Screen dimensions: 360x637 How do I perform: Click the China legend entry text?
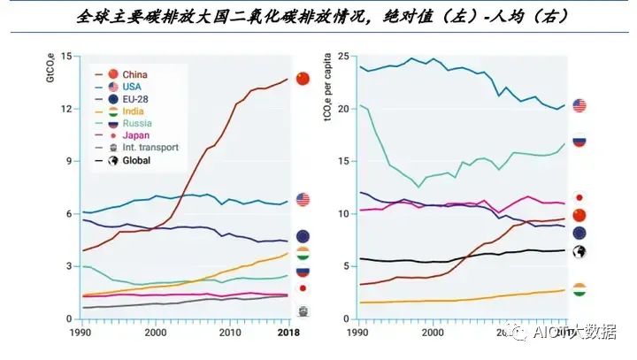(x=135, y=74)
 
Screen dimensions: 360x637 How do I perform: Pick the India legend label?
(x=134, y=111)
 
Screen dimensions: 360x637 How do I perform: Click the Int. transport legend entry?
(x=150, y=148)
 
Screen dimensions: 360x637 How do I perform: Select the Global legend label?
(x=137, y=160)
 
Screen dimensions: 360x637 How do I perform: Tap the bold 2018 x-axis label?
(x=287, y=333)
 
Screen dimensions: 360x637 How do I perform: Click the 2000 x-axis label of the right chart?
(x=432, y=333)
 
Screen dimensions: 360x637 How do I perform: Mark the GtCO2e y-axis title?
(x=51, y=68)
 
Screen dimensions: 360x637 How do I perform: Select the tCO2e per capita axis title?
(x=329, y=93)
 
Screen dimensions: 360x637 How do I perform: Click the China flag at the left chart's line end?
(x=303, y=79)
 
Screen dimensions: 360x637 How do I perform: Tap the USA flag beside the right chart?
(x=579, y=106)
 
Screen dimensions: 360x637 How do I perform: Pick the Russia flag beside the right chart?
(x=579, y=141)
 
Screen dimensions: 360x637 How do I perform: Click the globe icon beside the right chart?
(x=579, y=252)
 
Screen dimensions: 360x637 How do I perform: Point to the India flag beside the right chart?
(x=579, y=290)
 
